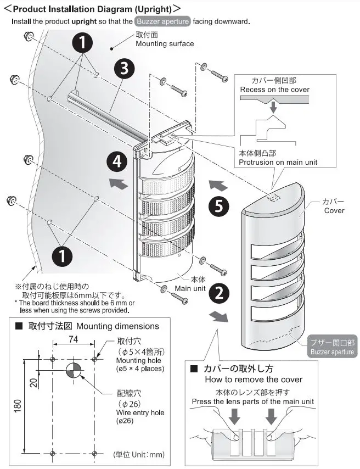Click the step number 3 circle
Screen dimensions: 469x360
[x=125, y=70]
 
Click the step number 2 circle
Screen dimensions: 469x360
[x=218, y=293]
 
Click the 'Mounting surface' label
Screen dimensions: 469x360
[x=165, y=44]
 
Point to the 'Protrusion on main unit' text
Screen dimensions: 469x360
[x=278, y=162]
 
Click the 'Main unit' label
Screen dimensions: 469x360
[x=190, y=288]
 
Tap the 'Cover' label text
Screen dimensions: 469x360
[x=334, y=210]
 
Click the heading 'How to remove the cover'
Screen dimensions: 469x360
[x=253, y=379]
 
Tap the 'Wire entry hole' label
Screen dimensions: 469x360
[x=139, y=414]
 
